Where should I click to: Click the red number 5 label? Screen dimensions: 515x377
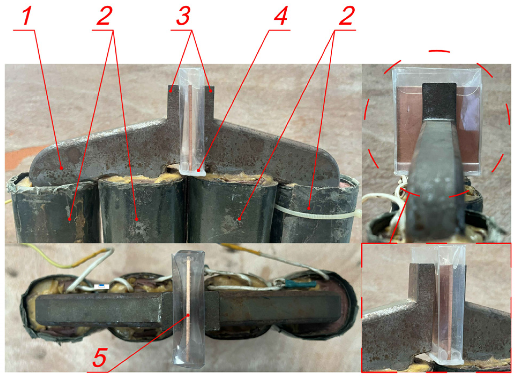click(x=100, y=357)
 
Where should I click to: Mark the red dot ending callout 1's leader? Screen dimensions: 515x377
click(x=61, y=168)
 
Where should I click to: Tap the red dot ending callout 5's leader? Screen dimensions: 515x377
click(x=189, y=315)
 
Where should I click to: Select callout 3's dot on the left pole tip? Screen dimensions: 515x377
click(x=171, y=91)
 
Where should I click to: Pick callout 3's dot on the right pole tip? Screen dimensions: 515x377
click(x=211, y=91)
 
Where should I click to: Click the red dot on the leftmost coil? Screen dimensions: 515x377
click(x=70, y=219)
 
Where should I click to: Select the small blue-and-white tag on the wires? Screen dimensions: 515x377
click(x=102, y=287)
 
